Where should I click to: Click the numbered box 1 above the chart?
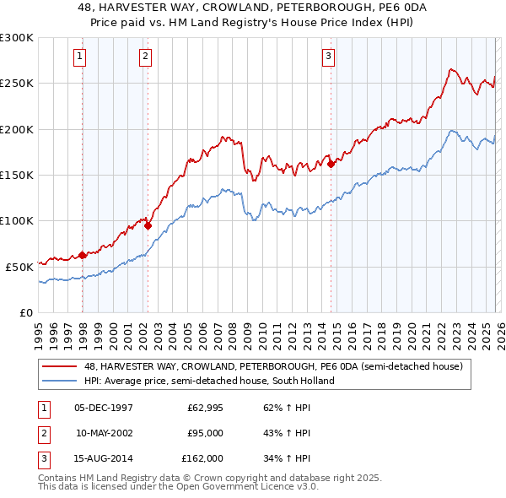(x=78, y=57)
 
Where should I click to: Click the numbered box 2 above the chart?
(x=145, y=57)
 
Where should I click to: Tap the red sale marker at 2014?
(x=331, y=165)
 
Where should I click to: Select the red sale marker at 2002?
(x=148, y=225)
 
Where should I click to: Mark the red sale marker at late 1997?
(x=82, y=255)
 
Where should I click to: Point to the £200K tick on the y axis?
(x=17, y=129)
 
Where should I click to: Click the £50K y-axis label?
(x=19, y=266)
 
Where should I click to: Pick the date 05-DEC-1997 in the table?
(x=103, y=408)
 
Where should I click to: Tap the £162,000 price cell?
(x=202, y=458)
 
